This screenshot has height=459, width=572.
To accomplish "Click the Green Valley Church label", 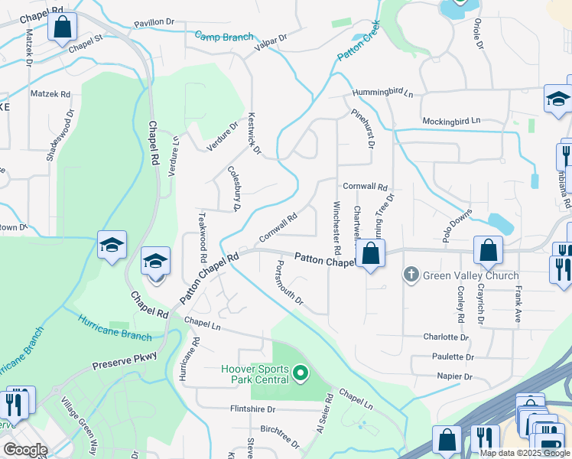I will (x=471, y=275).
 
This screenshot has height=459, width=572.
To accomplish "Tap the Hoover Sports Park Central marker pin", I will (x=301, y=373).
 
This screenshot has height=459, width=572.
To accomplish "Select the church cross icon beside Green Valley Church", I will (x=411, y=275).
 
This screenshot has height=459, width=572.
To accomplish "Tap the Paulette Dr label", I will (x=453, y=356).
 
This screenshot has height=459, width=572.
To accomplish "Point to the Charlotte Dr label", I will (x=446, y=337).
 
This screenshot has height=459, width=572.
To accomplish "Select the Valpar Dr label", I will (x=271, y=38).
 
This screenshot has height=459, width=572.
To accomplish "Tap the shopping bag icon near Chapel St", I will (x=62, y=28).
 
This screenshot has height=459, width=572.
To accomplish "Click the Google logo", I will (x=26, y=450).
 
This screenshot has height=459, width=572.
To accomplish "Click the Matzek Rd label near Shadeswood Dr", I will (x=50, y=94).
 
